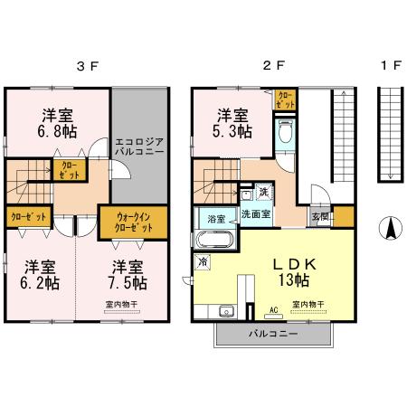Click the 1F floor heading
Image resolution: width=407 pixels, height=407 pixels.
click(x=390, y=66)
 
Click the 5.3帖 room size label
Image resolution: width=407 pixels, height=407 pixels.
click(x=232, y=124)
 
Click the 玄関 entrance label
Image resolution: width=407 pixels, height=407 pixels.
click(x=319, y=217)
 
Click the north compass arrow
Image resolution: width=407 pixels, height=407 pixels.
click(x=389, y=230)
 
